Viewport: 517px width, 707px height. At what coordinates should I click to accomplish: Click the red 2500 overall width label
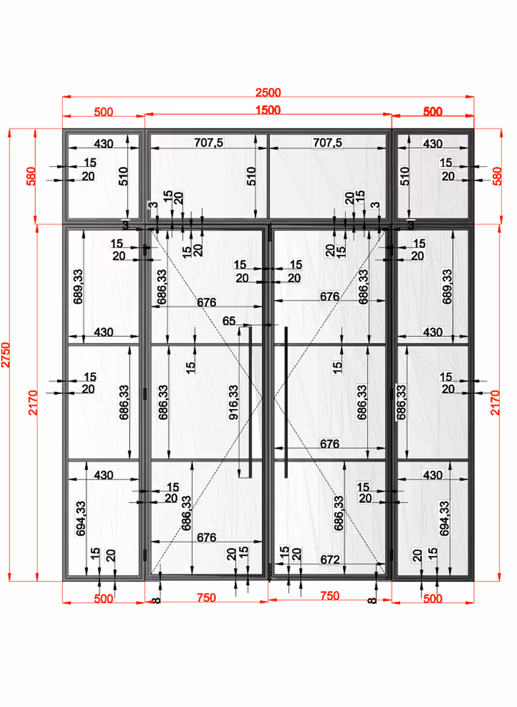[268, 93]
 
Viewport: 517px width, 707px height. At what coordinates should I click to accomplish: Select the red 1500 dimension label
[268, 110]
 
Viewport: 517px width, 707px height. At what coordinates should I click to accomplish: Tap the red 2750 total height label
[5, 355]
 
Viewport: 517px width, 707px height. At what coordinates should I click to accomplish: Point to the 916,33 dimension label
[233, 402]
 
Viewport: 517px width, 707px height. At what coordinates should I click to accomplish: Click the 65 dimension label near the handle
[229, 321]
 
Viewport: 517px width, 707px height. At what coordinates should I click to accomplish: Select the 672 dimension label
[330, 560]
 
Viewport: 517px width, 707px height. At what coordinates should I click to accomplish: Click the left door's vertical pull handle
[250, 401]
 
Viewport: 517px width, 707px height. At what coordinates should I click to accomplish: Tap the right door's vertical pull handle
[286, 401]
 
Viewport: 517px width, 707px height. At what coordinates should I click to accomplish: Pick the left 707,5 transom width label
[209, 143]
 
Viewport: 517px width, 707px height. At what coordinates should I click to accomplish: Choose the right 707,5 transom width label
[328, 143]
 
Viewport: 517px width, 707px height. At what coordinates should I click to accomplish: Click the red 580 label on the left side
[31, 176]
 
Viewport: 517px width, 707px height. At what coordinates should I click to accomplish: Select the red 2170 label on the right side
[496, 402]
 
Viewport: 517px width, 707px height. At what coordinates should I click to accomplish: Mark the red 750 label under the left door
[207, 598]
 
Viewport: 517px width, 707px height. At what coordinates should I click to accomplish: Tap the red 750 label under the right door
[330, 595]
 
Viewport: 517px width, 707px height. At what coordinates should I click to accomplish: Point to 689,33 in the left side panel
[78, 287]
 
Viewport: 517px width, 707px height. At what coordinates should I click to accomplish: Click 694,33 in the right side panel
[444, 518]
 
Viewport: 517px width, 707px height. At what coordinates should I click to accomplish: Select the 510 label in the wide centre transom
[251, 176]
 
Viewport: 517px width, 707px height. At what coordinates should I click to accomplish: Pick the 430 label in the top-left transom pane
[103, 144]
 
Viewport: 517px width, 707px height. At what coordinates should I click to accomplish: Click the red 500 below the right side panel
[433, 599]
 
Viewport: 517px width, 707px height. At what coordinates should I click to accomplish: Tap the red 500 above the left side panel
[103, 112]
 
